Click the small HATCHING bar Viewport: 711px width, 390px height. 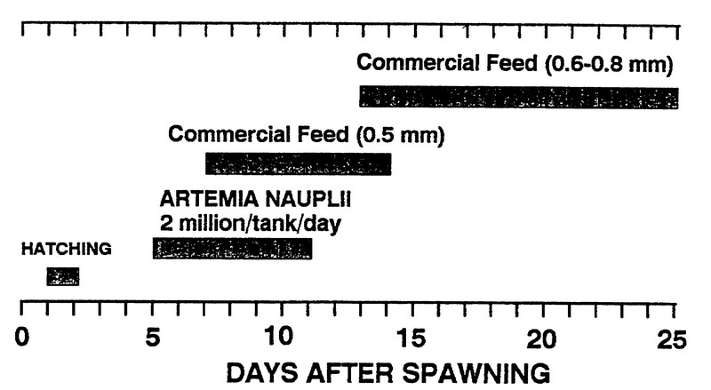click(x=62, y=277)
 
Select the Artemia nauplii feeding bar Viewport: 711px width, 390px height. click(x=233, y=248)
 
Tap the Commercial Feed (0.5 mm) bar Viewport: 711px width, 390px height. click(x=298, y=164)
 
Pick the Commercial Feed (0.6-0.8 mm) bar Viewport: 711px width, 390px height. click(x=518, y=97)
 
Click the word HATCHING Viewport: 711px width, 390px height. click(x=67, y=250)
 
